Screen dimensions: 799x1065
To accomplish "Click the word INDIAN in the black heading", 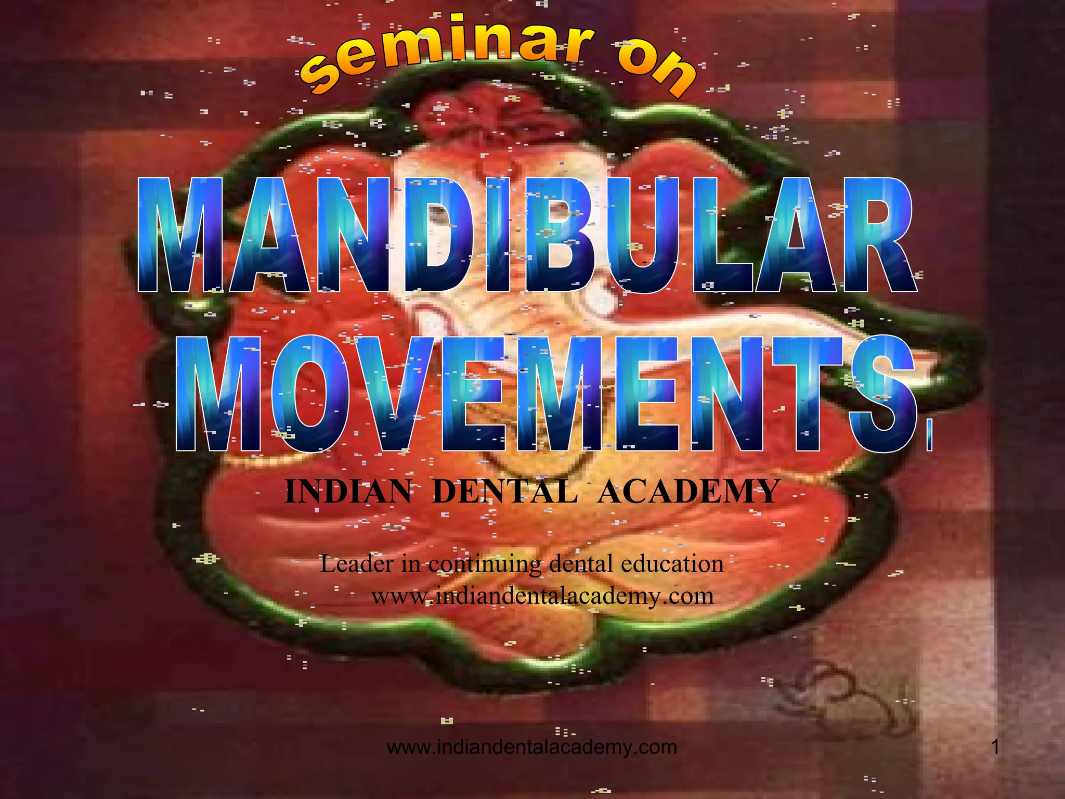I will click(x=348, y=492).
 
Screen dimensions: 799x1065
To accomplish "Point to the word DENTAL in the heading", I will click(x=504, y=492).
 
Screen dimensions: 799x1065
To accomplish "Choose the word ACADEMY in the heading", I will click(x=689, y=492).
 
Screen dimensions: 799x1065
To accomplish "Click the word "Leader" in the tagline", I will click(x=357, y=564).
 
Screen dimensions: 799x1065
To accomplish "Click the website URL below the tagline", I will click(x=542, y=596).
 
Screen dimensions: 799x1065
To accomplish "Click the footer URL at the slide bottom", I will click(x=532, y=748).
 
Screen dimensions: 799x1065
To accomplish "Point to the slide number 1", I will click(x=995, y=748).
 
